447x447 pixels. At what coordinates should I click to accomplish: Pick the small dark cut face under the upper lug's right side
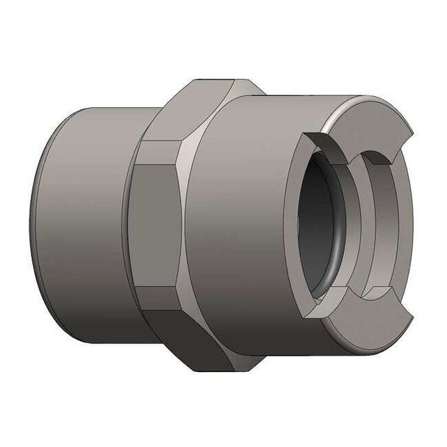click(x=382, y=157)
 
